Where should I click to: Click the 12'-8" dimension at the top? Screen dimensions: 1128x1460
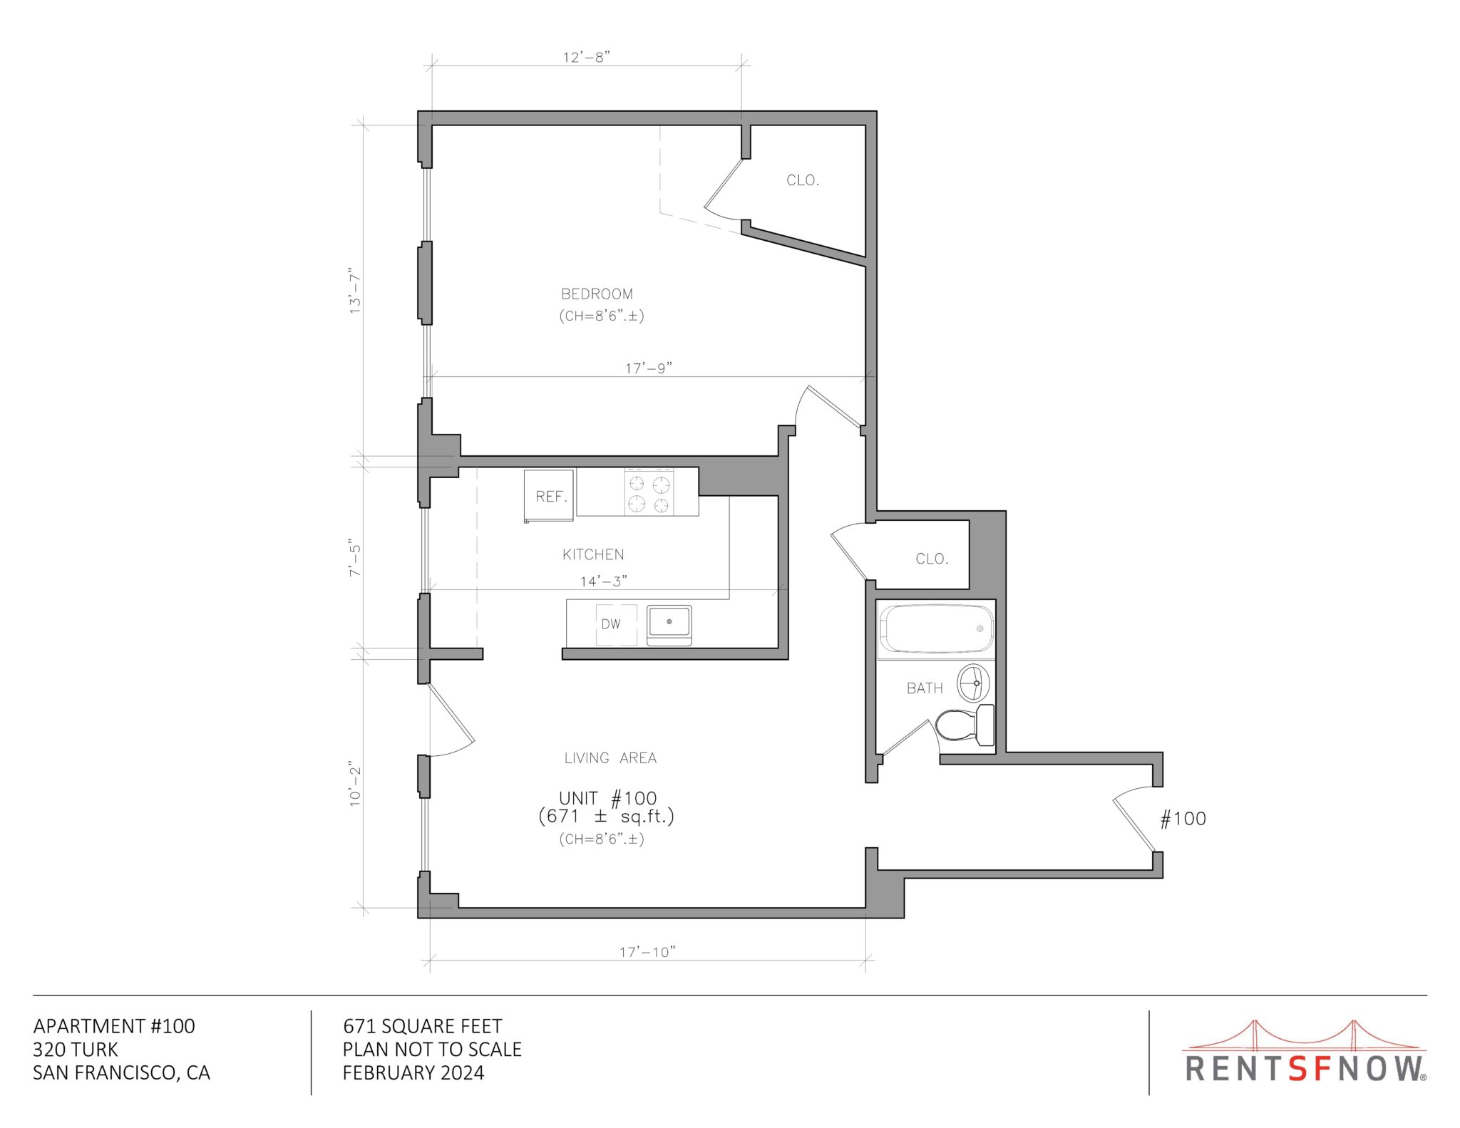click(586, 57)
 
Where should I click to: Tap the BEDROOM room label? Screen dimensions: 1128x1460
click(597, 294)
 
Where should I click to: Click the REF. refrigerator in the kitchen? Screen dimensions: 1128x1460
click(550, 496)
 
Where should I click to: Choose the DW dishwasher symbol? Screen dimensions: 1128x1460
click(611, 624)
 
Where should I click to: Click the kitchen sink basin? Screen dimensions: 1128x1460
click(669, 622)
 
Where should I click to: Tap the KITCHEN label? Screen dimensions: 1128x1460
click(593, 554)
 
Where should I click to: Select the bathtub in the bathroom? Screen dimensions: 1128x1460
click(935, 628)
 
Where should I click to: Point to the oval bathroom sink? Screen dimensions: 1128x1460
click(972, 683)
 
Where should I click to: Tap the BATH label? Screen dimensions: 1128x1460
click(925, 688)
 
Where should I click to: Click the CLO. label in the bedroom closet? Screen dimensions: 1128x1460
click(803, 180)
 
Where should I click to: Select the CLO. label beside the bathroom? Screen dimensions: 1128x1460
click(932, 559)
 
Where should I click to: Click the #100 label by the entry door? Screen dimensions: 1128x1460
click(1183, 819)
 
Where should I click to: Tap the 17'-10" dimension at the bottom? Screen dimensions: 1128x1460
click(647, 952)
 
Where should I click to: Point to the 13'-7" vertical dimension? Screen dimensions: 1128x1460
click(355, 291)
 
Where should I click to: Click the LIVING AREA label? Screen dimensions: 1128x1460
click(610, 758)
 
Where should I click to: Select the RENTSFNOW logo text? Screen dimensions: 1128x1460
click(1305, 1069)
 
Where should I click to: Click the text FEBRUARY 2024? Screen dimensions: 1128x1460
click(413, 1073)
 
